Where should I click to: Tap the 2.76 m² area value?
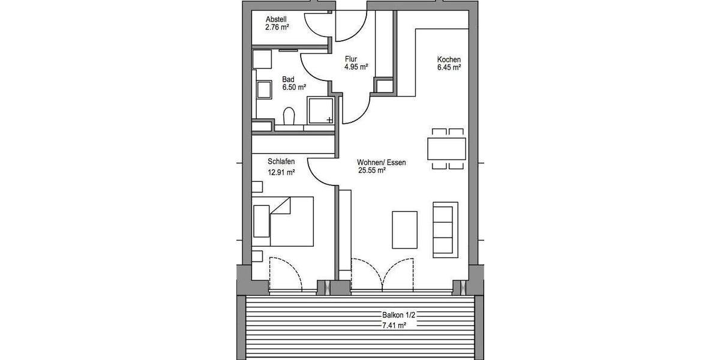pyautogui.click(x=278, y=27)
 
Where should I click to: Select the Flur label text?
pyautogui.click(x=351, y=59)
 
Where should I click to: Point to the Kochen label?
pyautogui.click(x=449, y=59)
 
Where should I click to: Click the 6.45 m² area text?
pyautogui.click(x=449, y=68)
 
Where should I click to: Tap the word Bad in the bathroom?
pyautogui.click(x=288, y=79)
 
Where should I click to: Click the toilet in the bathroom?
pyautogui.click(x=289, y=115)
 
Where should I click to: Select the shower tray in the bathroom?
pyautogui.click(x=320, y=110)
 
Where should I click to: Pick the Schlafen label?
pyautogui.click(x=281, y=162)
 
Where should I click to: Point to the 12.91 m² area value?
pyautogui.click(x=281, y=173)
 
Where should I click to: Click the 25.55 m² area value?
pyautogui.click(x=371, y=170)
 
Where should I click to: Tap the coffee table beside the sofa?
pyautogui.click(x=405, y=229)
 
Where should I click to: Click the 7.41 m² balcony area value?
pyautogui.click(x=394, y=325)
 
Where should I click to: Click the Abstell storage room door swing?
pyautogui.click(x=318, y=24)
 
